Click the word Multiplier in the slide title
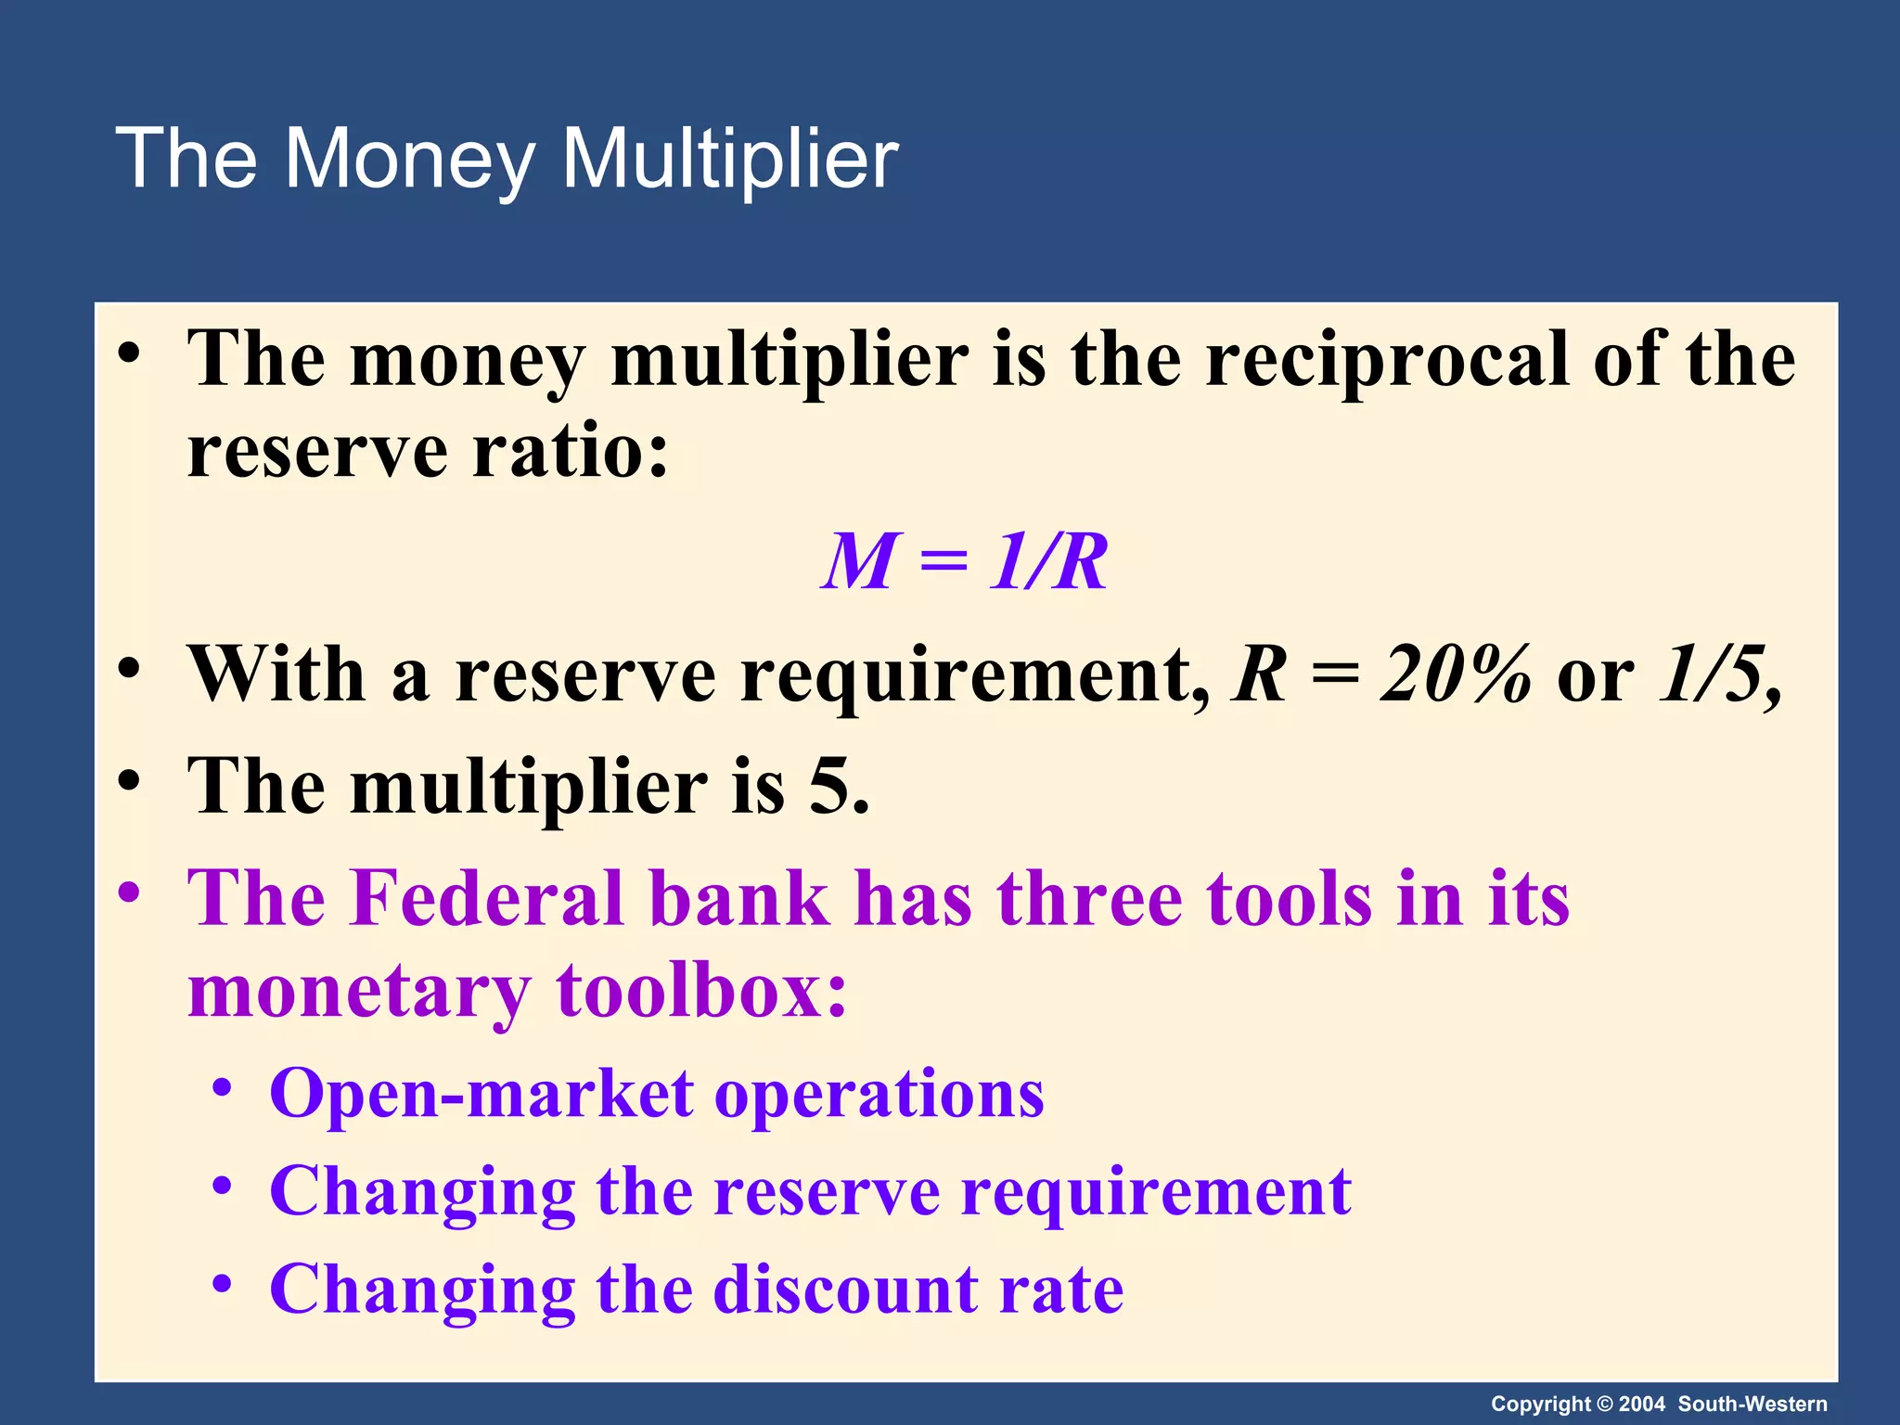pos(729,160)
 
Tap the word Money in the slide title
pos(408,160)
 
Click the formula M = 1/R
pos(965,562)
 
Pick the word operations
pos(879,1096)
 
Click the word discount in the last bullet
pos(843,1290)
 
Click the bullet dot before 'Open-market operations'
pos(221,1087)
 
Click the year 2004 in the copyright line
pos(1641,1404)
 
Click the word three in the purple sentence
pos(1089,898)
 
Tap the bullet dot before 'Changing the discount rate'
pos(221,1284)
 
